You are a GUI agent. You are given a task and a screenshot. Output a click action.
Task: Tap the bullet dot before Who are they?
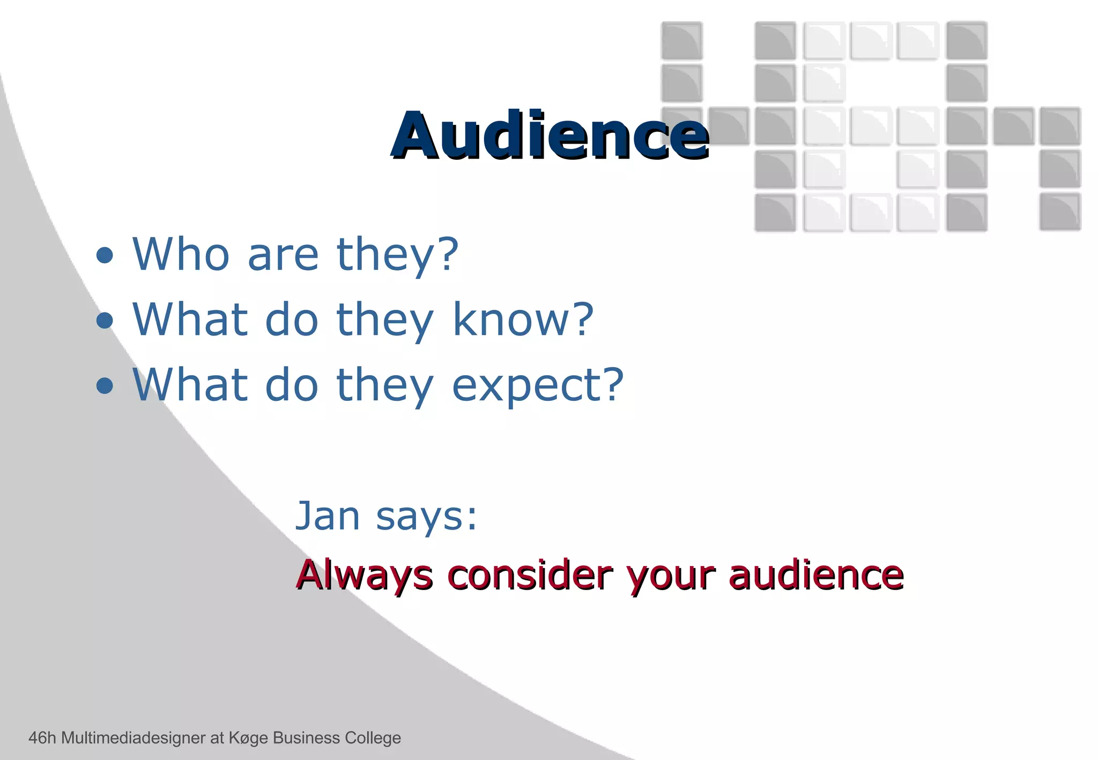[105, 256]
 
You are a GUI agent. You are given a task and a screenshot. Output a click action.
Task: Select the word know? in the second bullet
[523, 319]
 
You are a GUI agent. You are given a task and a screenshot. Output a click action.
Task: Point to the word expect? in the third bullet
[538, 386]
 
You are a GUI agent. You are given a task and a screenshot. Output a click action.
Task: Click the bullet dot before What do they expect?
[105, 385]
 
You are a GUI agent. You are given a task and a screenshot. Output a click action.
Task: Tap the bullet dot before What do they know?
[105, 321]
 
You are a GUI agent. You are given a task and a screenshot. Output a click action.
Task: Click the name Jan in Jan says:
[328, 516]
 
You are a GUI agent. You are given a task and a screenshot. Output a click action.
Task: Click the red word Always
[365, 575]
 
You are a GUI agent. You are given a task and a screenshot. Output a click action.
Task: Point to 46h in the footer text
[42, 738]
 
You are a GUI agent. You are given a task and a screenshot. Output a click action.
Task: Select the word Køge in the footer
[248, 739]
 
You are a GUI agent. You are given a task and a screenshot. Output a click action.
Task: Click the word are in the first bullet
[283, 255]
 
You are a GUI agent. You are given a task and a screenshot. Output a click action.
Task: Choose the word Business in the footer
[306, 738]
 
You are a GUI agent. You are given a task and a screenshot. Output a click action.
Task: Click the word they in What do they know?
[384, 321]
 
